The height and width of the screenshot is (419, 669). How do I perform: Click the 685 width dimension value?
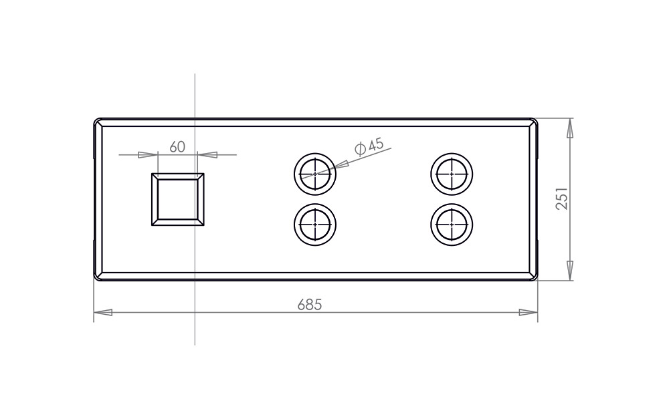pos(310,305)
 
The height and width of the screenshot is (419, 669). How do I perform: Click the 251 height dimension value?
pos(563,198)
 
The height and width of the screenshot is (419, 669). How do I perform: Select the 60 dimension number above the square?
pos(177,146)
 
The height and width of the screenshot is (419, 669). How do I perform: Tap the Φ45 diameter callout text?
pos(369,146)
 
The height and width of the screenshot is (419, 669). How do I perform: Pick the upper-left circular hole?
pos(315,174)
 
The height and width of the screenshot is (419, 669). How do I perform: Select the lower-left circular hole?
pos(315,225)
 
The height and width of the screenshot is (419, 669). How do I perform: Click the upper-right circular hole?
pos(452,174)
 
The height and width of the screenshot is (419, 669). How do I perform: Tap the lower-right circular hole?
pos(452,225)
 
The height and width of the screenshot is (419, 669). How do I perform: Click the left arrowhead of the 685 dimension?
pos(103,313)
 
